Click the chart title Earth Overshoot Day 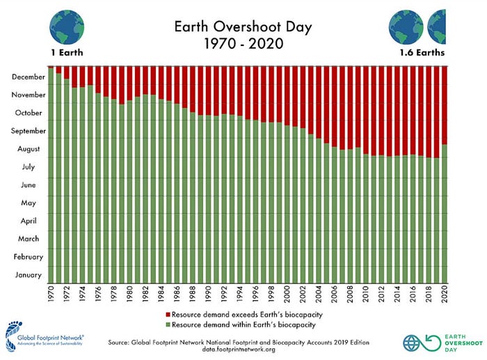(x=243, y=27)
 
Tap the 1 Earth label (x=67, y=52)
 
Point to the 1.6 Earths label (x=422, y=52)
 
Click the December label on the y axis (x=29, y=77)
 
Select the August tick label (x=29, y=149)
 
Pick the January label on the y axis (x=29, y=275)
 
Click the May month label (x=29, y=203)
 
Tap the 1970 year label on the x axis (x=51, y=294)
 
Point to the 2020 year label (x=445, y=294)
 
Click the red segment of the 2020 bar (x=445, y=105)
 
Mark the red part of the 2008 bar (x=350, y=108)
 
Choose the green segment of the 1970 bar (x=51, y=175)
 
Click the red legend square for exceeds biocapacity (x=168, y=315)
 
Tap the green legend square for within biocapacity (x=168, y=324)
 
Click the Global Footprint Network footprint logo (x=12, y=337)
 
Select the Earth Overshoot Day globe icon (x=411, y=343)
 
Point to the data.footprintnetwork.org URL (x=239, y=350)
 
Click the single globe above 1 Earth (x=67, y=27)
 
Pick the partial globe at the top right (x=438, y=27)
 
